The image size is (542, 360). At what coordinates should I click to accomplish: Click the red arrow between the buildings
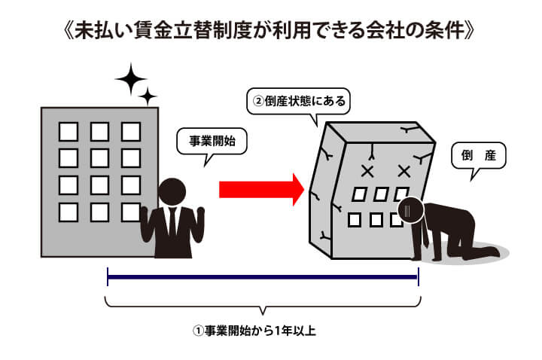[x=260, y=188]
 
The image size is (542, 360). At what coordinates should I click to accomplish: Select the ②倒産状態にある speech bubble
[x=298, y=99]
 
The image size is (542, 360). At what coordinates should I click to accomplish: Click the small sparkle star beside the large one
[x=149, y=96]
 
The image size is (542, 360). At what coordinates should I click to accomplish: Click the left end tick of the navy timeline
[x=108, y=277]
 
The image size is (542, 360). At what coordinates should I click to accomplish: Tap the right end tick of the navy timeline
[x=417, y=277]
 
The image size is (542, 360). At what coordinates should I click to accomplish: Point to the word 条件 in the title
[x=443, y=34]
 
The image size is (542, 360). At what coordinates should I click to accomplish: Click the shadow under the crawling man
[x=482, y=253]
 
